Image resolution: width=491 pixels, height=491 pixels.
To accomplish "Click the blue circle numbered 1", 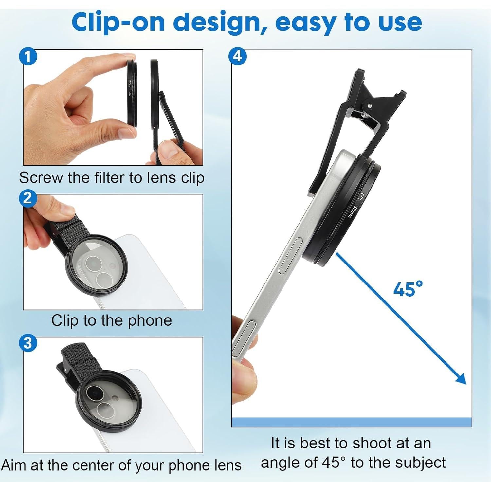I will (x=28, y=57).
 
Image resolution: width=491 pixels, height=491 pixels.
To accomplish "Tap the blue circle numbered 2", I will (x=27, y=198).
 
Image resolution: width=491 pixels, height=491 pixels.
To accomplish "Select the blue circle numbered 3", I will (x=28, y=342).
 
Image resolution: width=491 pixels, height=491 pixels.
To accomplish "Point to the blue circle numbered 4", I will (x=237, y=56).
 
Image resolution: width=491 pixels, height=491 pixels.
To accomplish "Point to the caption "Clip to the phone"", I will (x=111, y=320).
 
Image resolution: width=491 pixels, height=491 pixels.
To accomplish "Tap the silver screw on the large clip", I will (x=370, y=106).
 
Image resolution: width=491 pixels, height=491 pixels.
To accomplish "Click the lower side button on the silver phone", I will (x=244, y=337).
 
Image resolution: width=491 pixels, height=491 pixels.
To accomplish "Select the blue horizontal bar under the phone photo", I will (x=352, y=422).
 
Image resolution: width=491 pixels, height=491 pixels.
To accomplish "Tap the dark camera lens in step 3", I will (x=92, y=391).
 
